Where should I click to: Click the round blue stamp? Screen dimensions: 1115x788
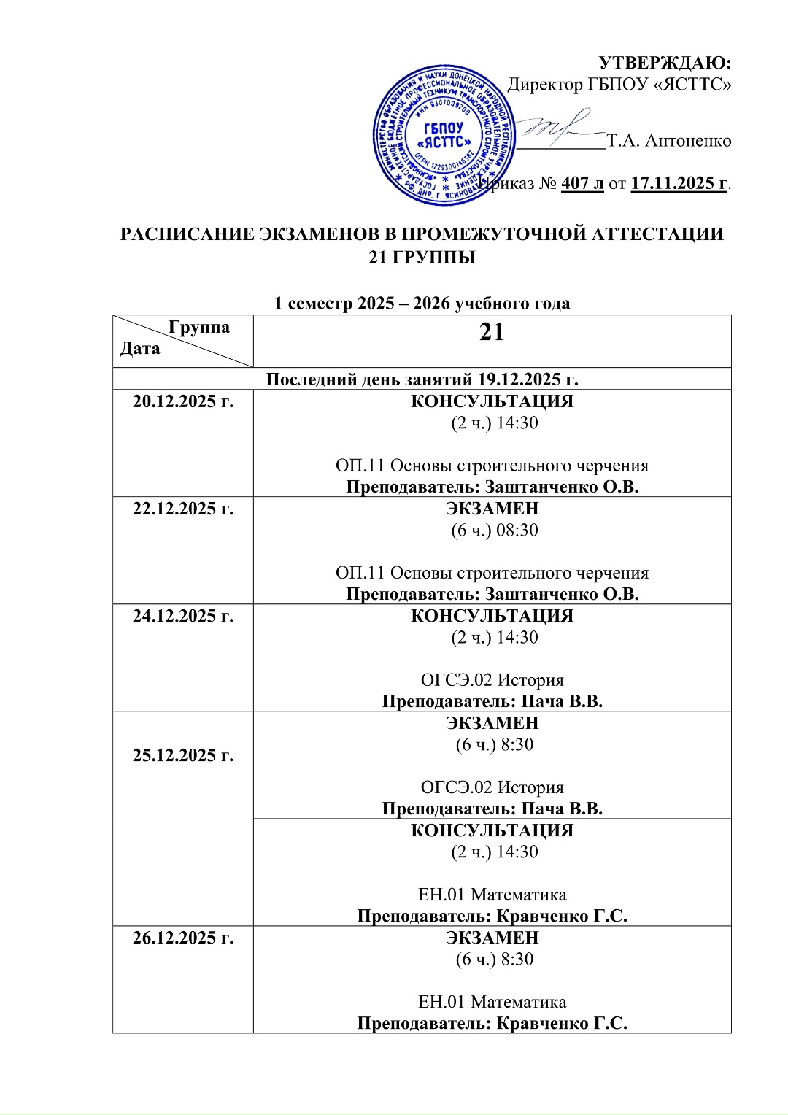[x=444, y=136]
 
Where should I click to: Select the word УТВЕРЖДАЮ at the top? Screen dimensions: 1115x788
[x=665, y=63]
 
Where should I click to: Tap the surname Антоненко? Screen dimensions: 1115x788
[x=688, y=140]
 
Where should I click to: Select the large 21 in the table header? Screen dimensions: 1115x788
[x=492, y=332]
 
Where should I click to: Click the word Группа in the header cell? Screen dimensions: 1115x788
[x=198, y=327]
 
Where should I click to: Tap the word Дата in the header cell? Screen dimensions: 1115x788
[x=140, y=348]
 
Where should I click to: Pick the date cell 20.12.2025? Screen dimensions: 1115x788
[x=183, y=401]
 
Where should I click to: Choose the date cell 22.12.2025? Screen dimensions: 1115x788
[x=183, y=508]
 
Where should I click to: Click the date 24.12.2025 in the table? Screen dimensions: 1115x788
[x=183, y=615]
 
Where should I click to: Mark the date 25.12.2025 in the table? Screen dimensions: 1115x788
[x=183, y=755]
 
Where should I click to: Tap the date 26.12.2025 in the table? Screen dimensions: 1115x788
[x=183, y=937]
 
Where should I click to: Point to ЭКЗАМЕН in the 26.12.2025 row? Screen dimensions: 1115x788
[x=492, y=937]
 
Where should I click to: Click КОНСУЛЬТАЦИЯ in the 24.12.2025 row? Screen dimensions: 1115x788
[x=492, y=615]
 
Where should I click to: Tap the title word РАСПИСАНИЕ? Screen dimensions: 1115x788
[x=185, y=234]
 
